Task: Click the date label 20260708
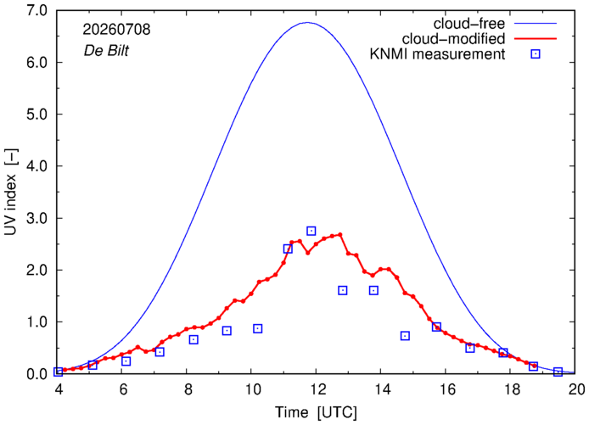[x=116, y=30]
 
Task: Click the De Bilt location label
[x=106, y=51]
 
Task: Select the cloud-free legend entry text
[x=469, y=24]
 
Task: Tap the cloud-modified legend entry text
[x=453, y=39]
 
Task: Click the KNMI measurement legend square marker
[x=536, y=54]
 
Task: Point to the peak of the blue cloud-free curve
[x=307, y=23]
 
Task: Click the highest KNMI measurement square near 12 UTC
[x=311, y=231]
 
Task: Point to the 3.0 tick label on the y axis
[x=37, y=218]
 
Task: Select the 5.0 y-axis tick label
[x=37, y=115]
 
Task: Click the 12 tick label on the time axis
[x=317, y=389]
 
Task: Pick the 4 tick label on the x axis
[x=59, y=389]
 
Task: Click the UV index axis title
[x=10, y=192]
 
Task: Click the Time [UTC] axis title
[x=316, y=412]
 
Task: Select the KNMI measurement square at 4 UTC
[x=59, y=372]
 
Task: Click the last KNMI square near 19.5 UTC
[x=558, y=372]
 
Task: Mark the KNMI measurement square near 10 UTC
[x=257, y=328]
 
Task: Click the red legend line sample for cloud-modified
[x=536, y=39]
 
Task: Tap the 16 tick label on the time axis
[x=446, y=389]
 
